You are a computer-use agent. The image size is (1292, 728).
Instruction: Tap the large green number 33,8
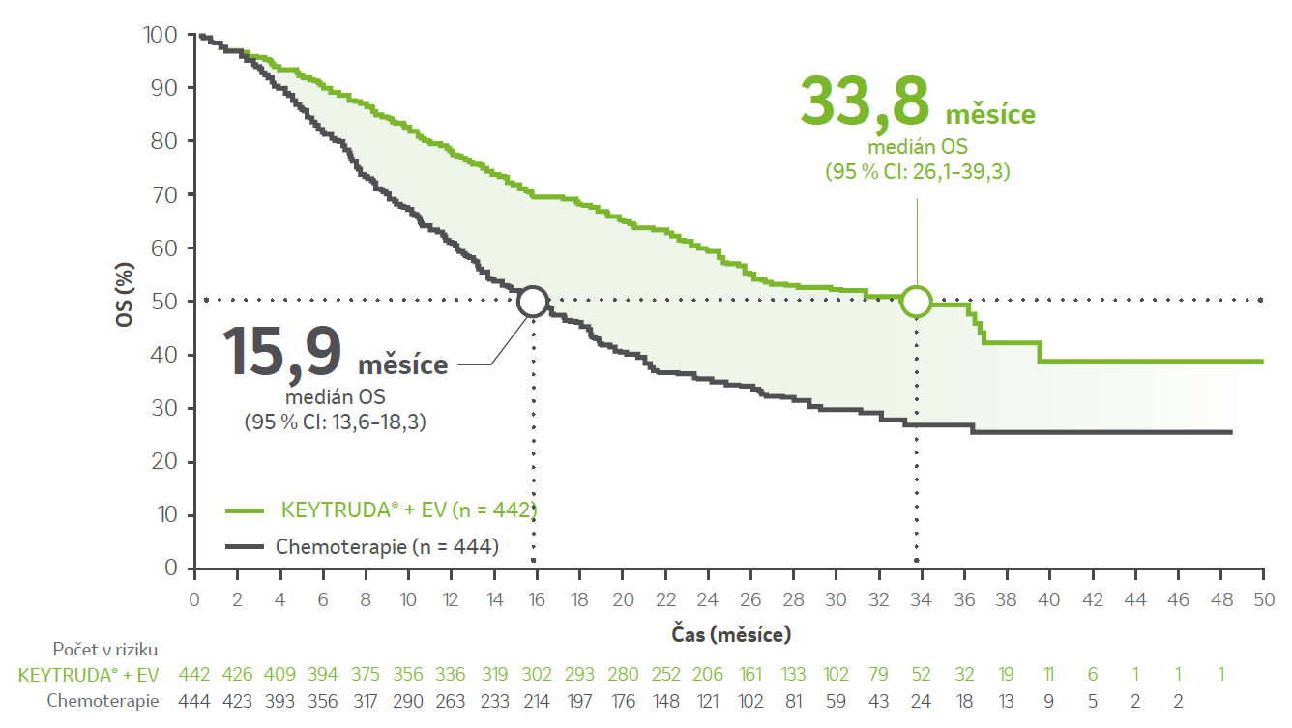pos(865,101)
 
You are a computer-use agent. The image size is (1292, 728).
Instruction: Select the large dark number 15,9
pos(281,351)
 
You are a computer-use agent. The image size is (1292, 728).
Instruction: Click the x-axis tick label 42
pos(1092,599)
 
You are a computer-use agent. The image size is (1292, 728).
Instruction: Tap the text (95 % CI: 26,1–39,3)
pos(918,172)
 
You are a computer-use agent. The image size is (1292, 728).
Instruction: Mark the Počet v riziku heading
pos(105,649)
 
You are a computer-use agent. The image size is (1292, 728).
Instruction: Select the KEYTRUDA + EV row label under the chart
pos(88,675)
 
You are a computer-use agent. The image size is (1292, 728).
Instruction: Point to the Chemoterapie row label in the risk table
pos(103,701)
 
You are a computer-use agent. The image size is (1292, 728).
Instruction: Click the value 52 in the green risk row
pos(921,675)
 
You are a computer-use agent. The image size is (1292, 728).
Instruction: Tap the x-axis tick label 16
pos(537,599)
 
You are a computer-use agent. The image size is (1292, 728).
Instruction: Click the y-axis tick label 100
pos(160,35)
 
